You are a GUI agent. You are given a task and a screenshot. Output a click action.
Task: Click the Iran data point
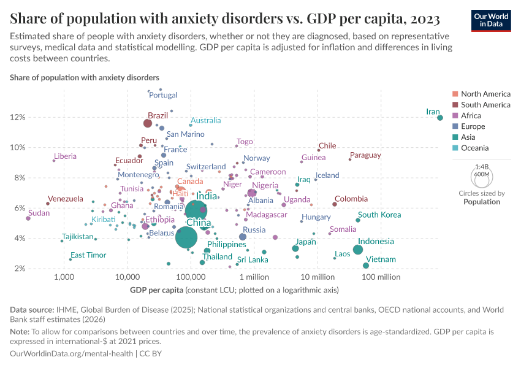click(x=440, y=118)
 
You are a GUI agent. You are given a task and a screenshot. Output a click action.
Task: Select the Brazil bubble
click(x=148, y=123)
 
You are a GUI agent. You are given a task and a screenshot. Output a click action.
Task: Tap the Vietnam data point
click(x=366, y=266)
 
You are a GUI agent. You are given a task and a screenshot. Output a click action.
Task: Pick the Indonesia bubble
click(x=358, y=249)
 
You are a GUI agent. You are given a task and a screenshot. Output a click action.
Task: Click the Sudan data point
click(x=28, y=218)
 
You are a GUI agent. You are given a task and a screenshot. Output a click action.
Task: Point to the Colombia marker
click(x=335, y=204)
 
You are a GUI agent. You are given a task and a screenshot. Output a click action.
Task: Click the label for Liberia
click(x=65, y=157)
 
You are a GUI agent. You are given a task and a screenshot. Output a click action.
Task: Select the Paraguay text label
click(x=365, y=155)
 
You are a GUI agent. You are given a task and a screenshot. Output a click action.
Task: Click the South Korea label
click(x=379, y=215)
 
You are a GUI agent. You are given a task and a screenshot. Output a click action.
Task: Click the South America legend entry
click(x=485, y=105)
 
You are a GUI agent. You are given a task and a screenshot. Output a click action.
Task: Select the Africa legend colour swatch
click(x=454, y=116)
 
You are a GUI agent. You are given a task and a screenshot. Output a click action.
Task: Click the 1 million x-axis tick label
click(x=254, y=277)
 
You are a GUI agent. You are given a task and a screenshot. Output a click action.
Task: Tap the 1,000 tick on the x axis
click(x=64, y=277)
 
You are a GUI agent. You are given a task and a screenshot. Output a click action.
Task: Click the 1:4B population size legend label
click(x=482, y=166)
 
